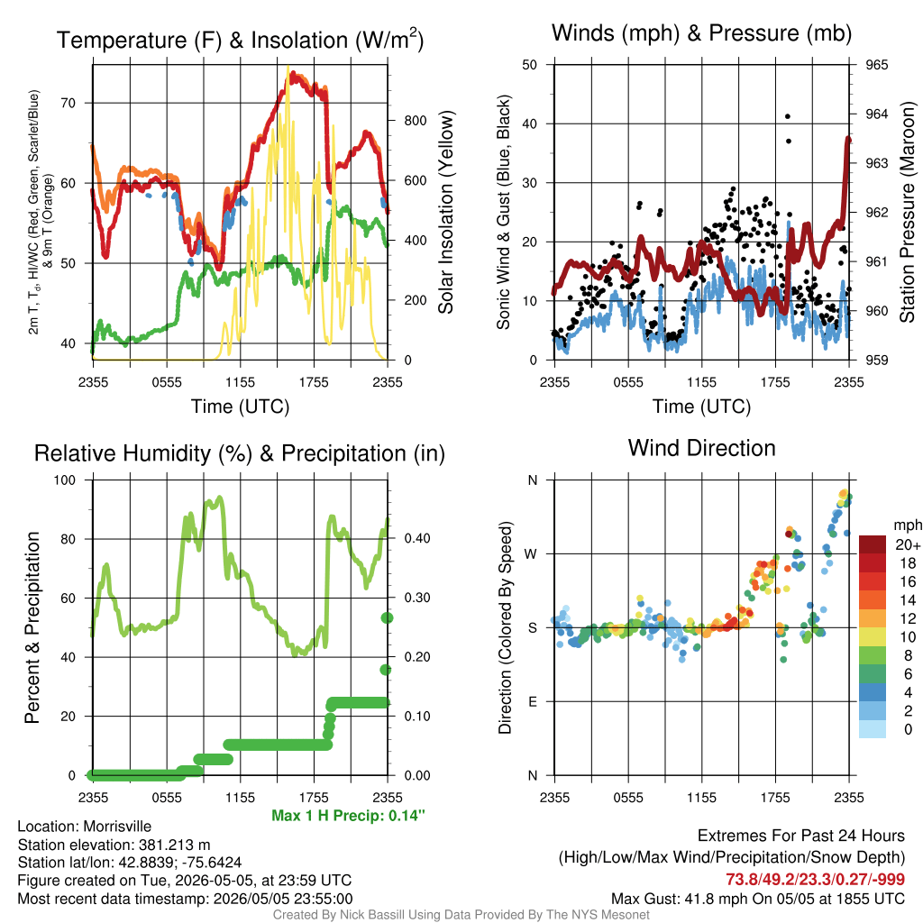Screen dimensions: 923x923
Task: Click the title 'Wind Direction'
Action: tap(701, 448)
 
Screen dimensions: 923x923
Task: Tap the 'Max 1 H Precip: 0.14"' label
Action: tap(348, 815)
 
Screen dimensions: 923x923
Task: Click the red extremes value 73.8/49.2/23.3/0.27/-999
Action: tap(815, 879)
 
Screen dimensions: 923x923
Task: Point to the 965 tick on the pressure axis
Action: tap(876, 65)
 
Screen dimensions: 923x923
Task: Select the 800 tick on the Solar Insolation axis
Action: tap(415, 121)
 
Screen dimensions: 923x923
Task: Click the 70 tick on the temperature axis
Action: tap(69, 103)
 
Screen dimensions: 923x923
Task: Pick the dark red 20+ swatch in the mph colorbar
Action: tap(873, 544)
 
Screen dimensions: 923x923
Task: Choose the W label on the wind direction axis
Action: tap(531, 554)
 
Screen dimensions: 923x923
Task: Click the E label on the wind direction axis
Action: tap(532, 701)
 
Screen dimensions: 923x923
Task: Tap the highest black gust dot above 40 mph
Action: tap(788, 116)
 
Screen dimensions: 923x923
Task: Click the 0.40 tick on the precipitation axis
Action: tap(416, 539)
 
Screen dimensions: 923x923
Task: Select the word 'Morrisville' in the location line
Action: tap(117, 827)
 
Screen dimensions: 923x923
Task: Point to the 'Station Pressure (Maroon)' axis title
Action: tap(907, 212)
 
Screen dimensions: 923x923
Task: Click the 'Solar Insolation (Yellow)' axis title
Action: tap(445, 212)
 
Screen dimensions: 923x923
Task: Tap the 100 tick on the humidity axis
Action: tap(65, 480)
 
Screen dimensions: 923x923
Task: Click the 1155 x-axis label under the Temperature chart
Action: tap(240, 382)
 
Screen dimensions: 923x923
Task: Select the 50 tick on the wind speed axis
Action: tap(530, 65)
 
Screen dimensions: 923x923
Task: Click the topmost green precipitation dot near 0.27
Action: tap(387, 617)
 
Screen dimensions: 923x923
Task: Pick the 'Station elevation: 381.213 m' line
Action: tap(114, 845)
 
